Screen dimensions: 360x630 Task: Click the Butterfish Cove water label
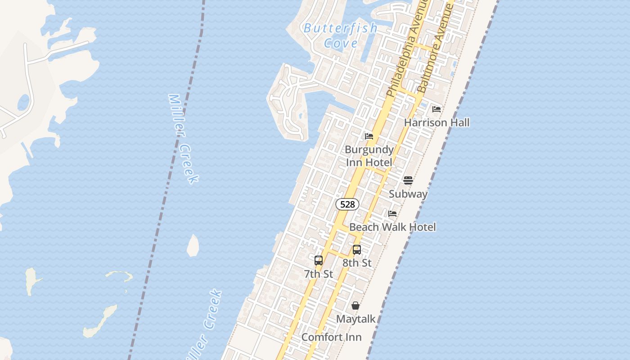(x=341, y=36)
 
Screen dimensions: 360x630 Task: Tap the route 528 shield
(x=347, y=204)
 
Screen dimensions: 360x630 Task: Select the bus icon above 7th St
(x=319, y=260)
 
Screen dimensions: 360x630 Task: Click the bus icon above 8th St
(x=357, y=249)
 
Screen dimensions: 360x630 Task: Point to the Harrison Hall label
(x=436, y=122)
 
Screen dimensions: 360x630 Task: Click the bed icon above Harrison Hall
(x=436, y=109)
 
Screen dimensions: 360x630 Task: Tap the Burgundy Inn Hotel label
(x=369, y=156)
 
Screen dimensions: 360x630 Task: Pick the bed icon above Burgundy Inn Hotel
(x=369, y=136)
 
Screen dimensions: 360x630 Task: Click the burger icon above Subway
(x=408, y=180)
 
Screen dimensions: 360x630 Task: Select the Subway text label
(x=408, y=194)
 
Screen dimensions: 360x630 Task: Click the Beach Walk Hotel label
(x=392, y=227)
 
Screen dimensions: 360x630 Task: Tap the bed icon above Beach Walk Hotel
(x=392, y=214)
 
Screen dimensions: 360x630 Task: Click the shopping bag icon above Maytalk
(x=355, y=306)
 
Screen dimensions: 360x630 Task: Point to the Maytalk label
(x=355, y=319)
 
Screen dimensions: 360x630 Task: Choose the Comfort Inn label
(x=331, y=337)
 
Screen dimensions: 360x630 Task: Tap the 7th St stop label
(x=319, y=274)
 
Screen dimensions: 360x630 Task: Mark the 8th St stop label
(x=357, y=263)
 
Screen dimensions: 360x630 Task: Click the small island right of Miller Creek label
(x=193, y=246)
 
